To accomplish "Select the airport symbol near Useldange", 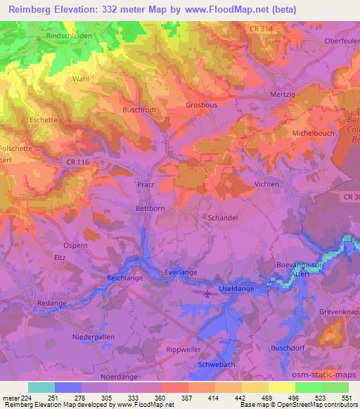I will (x=206, y=293).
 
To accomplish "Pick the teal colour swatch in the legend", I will (x=41, y=387).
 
